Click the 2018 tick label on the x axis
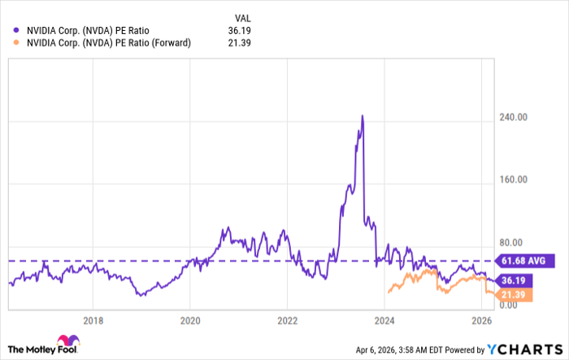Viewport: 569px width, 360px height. tap(93, 319)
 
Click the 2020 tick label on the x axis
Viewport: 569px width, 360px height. tap(189, 319)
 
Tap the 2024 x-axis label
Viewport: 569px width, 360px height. tap(384, 319)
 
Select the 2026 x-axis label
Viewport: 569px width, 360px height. tap(481, 319)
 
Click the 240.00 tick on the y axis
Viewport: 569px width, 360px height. tap(514, 117)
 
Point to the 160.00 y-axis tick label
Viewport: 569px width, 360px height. tap(514, 180)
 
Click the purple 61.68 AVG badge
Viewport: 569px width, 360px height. tap(527, 260)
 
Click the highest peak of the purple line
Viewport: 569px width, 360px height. tap(362, 116)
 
